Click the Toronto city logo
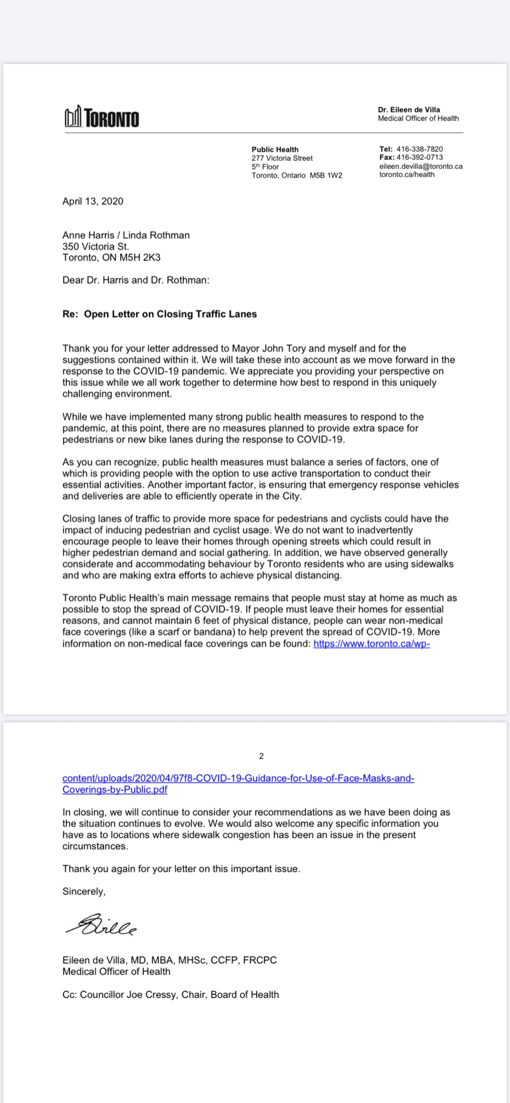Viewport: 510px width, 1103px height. point(101,117)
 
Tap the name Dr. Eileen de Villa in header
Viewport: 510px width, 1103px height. point(409,110)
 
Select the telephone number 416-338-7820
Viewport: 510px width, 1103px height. point(419,149)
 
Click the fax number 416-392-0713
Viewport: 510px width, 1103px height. point(419,157)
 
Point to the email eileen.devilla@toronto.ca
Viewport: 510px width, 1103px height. point(421,166)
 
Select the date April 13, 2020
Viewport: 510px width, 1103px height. point(93,201)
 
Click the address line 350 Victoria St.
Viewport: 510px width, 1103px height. point(95,247)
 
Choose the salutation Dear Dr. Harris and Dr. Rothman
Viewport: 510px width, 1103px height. point(136,280)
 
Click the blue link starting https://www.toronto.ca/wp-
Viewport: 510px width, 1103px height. point(371,644)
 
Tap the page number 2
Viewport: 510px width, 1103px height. point(261,756)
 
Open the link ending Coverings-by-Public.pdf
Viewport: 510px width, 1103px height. point(115,790)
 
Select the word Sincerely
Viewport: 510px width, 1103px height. point(84,891)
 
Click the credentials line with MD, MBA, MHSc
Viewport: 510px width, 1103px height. point(169,960)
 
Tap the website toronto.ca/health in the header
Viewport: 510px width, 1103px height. point(406,174)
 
